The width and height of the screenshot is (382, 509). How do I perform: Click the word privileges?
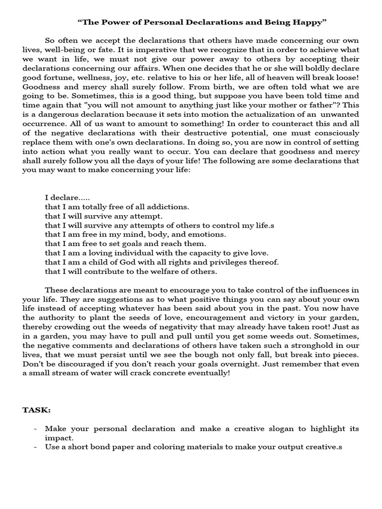pyautogui.click(x=231, y=262)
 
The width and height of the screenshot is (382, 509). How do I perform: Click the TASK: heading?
pyautogui.click(x=37, y=410)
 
